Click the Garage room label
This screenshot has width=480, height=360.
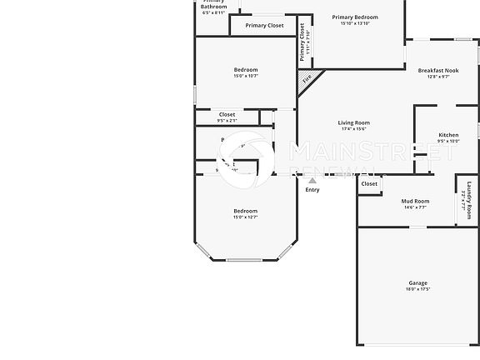tap(417, 282)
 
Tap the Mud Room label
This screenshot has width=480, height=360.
tap(415, 201)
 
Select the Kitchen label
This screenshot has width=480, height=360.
tap(448, 135)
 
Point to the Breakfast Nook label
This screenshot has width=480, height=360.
tap(437, 71)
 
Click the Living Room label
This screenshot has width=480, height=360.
tap(353, 122)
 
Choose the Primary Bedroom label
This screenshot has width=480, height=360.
tap(354, 17)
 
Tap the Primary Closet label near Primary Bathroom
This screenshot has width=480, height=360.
tap(264, 26)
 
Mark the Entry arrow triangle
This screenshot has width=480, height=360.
tap(312, 180)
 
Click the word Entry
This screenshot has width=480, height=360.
tap(312, 189)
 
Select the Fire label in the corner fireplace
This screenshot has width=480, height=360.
tap(307, 79)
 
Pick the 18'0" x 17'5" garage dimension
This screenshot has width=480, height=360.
tap(417, 289)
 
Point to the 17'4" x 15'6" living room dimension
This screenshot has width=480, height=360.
tap(353, 129)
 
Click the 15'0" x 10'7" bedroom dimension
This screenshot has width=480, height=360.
tap(246, 76)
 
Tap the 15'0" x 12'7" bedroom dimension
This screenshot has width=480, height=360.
tap(245, 217)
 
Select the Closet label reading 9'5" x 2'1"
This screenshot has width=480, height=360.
tap(227, 115)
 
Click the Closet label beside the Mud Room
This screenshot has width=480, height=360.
tap(369, 184)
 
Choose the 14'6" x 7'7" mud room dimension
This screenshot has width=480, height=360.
tap(415, 207)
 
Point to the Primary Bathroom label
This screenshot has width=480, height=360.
tap(213, 6)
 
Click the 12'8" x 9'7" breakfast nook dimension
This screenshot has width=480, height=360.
tap(437, 77)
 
